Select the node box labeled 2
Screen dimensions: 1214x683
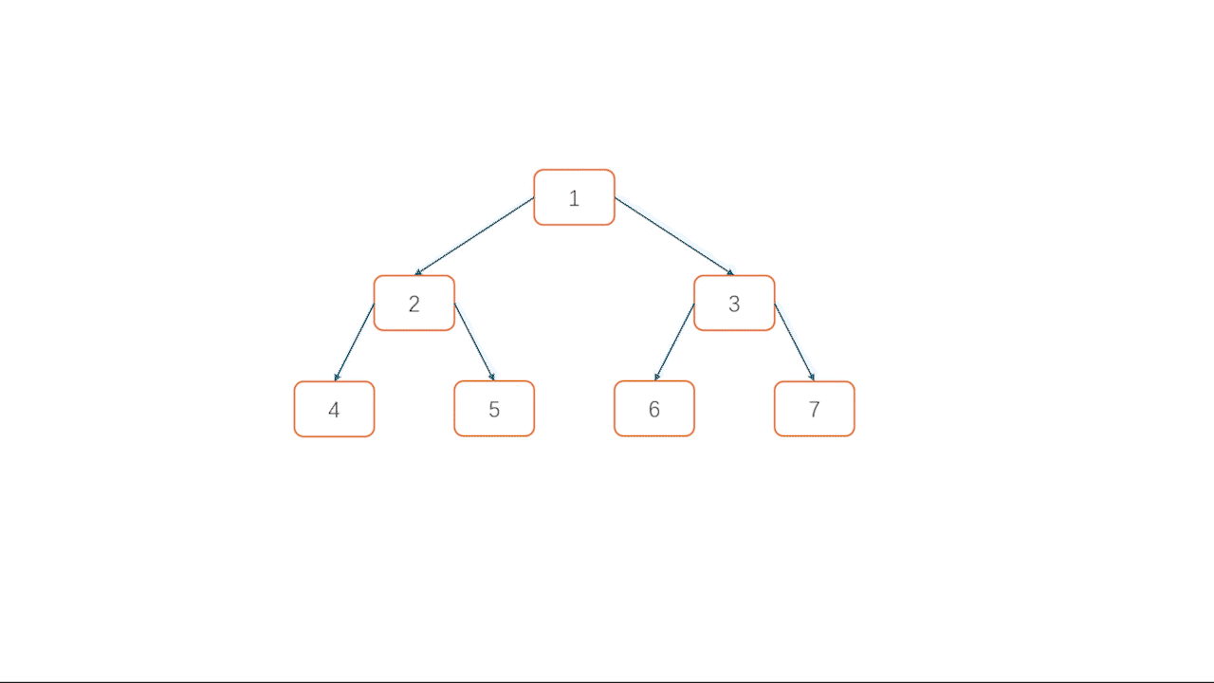(x=414, y=304)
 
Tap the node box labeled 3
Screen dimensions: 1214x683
(x=734, y=304)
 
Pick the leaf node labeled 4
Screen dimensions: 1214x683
(x=334, y=409)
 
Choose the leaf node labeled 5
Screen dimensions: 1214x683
(x=494, y=409)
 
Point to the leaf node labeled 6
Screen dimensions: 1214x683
(x=653, y=409)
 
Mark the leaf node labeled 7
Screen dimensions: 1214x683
(x=814, y=409)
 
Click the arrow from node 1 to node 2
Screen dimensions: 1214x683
(x=474, y=236)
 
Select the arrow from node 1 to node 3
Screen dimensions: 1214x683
(x=674, y=236)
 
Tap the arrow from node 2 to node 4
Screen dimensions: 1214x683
(x=355, y=341)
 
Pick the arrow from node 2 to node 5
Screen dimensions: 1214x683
(x=474, y=341)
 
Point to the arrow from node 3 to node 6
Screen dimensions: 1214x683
(x=674, y=341)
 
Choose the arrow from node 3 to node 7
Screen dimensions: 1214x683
(x=795, y=341)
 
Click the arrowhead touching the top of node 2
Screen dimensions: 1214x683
(x=418, y=273)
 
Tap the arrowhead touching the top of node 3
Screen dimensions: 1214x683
(x=730, y=273)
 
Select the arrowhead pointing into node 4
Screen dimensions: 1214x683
(x=337, y=378)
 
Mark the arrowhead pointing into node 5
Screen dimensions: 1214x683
(x=491, y=378)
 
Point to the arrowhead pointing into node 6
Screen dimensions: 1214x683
(x=656, y=378)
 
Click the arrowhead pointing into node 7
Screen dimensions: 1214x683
(x=812, y=378)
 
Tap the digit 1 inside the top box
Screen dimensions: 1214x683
(x=574, y=198)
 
